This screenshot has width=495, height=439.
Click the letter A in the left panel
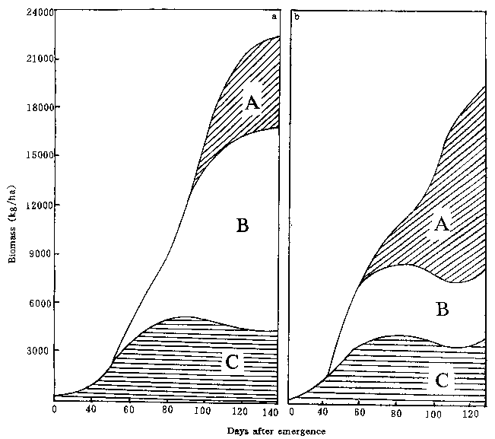pyautogui.click(x=252, y=101)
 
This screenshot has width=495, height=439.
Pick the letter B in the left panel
pyautogui.click(x=243, y=225)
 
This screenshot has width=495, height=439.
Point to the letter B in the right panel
pyautogui.click(x=442, y=309)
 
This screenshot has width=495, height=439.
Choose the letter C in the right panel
pyautogui.click(x=441, y=380)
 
